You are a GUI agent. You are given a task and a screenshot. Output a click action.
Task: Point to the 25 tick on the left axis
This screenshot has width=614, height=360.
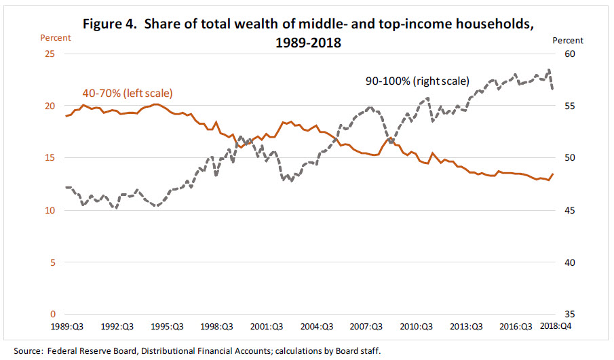[x=50, y=54]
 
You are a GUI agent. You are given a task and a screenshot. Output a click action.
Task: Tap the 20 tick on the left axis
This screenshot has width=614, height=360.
[x=50, y=106]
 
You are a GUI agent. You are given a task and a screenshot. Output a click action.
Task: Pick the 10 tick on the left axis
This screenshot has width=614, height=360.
[x=50, y=210]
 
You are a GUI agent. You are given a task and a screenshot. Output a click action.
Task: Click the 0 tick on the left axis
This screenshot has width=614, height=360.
[x=52, y=314]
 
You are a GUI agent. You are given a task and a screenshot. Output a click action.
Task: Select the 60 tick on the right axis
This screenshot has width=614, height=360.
[x=569, y=54]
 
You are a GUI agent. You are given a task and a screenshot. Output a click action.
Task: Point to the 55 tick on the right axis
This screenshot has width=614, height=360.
[x=569, y=106]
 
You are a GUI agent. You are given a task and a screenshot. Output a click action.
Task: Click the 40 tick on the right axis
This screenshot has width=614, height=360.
[x=569, y=262]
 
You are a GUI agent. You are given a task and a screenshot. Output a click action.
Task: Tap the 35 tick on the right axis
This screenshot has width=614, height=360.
[x=569, y=314]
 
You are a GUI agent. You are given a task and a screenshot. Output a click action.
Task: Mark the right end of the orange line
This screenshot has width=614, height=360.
[x=553, y=174]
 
